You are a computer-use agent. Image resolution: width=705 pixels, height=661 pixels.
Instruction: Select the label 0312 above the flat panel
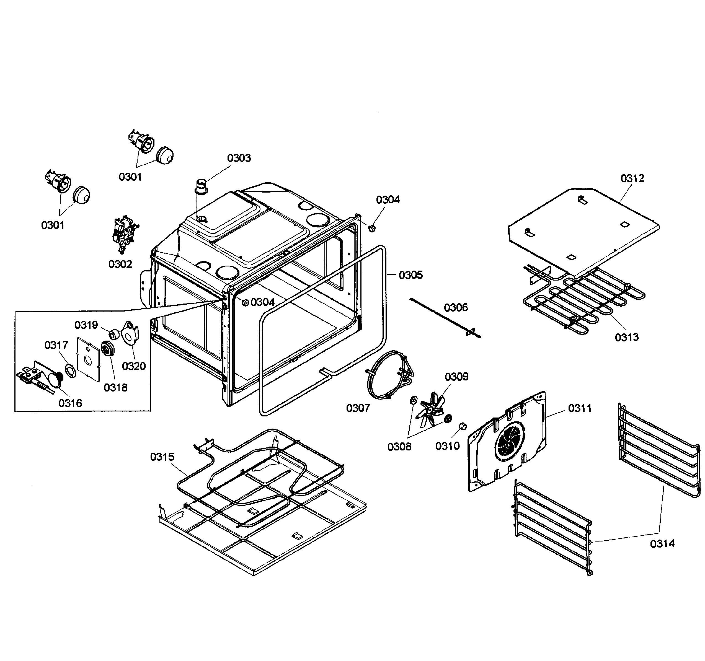(x=632, y=178)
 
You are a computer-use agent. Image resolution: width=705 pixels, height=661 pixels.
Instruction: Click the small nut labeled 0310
(x=463, y=426)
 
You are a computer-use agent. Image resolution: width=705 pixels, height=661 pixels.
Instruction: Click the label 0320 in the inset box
(x=134, y=366)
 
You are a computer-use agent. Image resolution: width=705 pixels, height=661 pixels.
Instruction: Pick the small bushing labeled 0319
(x=113, y=333)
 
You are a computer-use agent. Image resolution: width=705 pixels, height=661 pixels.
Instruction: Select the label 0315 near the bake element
(x=162, y=457)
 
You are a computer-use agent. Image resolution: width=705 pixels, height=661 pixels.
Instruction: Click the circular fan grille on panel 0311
(x=510, y=443)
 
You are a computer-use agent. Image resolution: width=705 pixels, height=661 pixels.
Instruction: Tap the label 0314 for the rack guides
(x=662, y=543)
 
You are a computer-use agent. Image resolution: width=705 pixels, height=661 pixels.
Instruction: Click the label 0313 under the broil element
(x=627, y=337)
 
